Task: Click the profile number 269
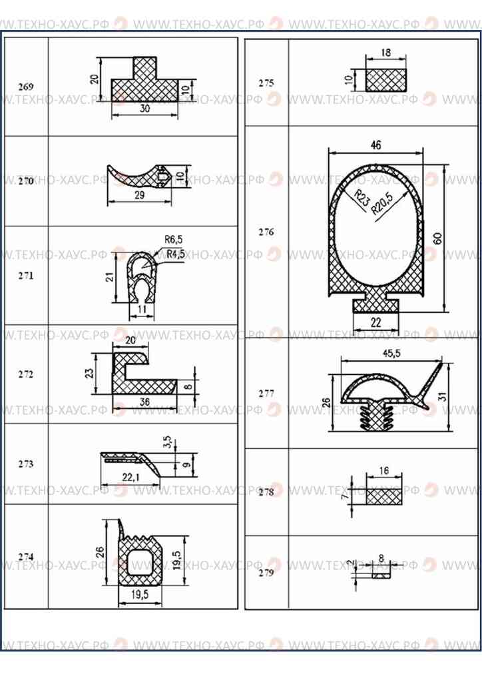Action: click(26, 87)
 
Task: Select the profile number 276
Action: click(266, 232)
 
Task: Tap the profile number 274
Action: click(26, 557)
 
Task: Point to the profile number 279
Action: click(266, 573)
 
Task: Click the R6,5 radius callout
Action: click(173, 240)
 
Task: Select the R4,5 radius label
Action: click(176, 254)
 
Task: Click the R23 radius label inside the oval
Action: click(362, 198)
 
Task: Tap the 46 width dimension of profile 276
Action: click(376, 145)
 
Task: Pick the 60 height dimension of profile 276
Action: click(437, 238)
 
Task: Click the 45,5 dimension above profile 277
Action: click(391, 354)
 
